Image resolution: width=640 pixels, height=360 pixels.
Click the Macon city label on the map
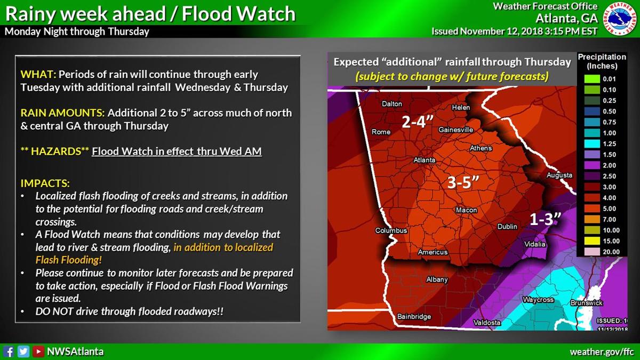pyautogui.click(x=466, y=210)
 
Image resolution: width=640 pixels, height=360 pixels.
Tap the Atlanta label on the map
pyautogui.click(x=425, y=160)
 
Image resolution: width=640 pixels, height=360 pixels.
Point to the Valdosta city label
pyautogui.click(x=487, y=322)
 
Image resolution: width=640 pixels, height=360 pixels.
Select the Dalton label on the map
pyautogui.click(x=392, y=104)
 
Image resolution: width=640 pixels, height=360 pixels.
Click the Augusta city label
pyautogui.click(x=559, y=175)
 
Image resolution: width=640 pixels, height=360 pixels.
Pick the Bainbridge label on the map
pyautogui.click(x=414, y=317)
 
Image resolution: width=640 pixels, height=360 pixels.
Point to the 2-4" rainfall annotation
pyautogui.click(x=418, y=123)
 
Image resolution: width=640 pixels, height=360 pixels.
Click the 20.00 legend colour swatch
pyautogui.click(x=587, y=252)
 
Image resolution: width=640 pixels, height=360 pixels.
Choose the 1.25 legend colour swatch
pyautogui.click(x=587, y=144)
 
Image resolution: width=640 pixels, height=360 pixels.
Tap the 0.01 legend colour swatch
pyautogui.click(x=587, y=79)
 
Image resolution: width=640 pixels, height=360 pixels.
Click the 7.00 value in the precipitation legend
pyautogui.click(x=609, y=219)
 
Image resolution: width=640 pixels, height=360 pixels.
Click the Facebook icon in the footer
pyautogui.click(x=9, y=351)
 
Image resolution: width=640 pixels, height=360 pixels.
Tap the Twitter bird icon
pyautogui.click(x=23, y=351)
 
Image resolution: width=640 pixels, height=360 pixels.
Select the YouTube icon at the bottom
pyautogui.click(x=38, y=351)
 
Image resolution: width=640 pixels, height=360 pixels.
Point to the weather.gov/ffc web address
pyautogui.click(x=602, y=352)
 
